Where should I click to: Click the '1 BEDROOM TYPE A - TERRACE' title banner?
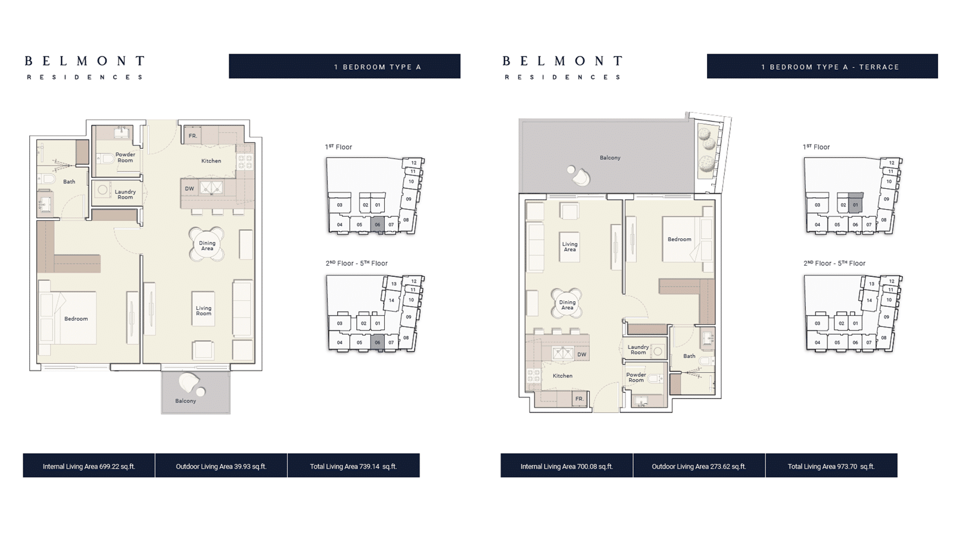(823, 66)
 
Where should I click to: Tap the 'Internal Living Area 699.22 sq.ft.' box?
(89, 465)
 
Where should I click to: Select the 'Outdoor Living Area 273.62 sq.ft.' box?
(699, 465)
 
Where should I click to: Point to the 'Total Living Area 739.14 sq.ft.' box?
(354, 465)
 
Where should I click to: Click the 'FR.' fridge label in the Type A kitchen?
(193, 136)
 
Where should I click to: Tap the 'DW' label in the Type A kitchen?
(189, 188)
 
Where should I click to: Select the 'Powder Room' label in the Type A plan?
(125, 157)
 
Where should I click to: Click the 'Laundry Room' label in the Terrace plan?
(638, 350)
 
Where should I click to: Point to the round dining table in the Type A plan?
(207, 245)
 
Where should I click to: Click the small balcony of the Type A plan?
(196, 392)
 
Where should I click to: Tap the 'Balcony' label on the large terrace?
(610, 158)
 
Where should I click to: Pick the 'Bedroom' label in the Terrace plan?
(680, 239)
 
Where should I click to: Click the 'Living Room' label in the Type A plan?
(203, 310)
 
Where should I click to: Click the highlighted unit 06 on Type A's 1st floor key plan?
(378, 224)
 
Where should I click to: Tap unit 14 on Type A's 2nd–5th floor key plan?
(391, 300)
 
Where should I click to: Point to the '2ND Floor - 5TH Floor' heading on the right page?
(834, 263)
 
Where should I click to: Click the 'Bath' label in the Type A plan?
(69, 182)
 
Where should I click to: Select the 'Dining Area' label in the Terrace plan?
(567, 304)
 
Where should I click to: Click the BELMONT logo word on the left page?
(85, 61)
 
